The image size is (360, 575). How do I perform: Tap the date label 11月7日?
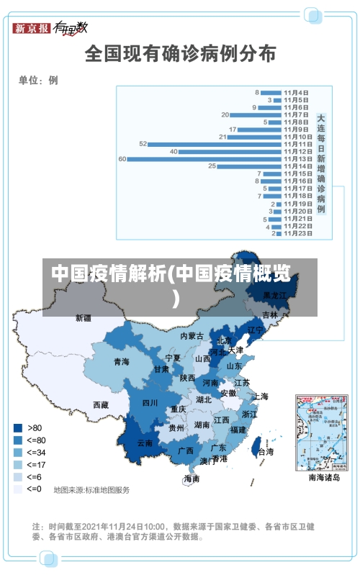tap(296, 114)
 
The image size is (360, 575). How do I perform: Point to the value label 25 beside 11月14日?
tap(212, 166)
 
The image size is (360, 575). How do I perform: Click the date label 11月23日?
tap(297, 233)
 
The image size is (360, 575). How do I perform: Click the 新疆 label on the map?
tap(84, 317)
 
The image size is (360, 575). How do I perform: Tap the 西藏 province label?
tap(101, 404)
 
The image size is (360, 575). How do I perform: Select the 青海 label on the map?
tap(121, 361)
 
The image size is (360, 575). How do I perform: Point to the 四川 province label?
tap(150, 403)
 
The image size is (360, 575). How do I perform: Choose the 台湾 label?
tap(265, 452)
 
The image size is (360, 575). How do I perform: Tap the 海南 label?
tap(192, 479)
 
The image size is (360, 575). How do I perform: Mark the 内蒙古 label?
tap(192, 336)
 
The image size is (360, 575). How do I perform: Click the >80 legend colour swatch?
tap(17, 427)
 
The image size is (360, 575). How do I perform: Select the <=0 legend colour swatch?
tap(17, 489)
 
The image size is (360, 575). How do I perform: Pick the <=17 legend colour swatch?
tap(17, 464)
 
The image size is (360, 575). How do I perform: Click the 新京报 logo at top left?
tap(32, 28)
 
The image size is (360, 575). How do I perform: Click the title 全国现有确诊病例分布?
tap(180, 53)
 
